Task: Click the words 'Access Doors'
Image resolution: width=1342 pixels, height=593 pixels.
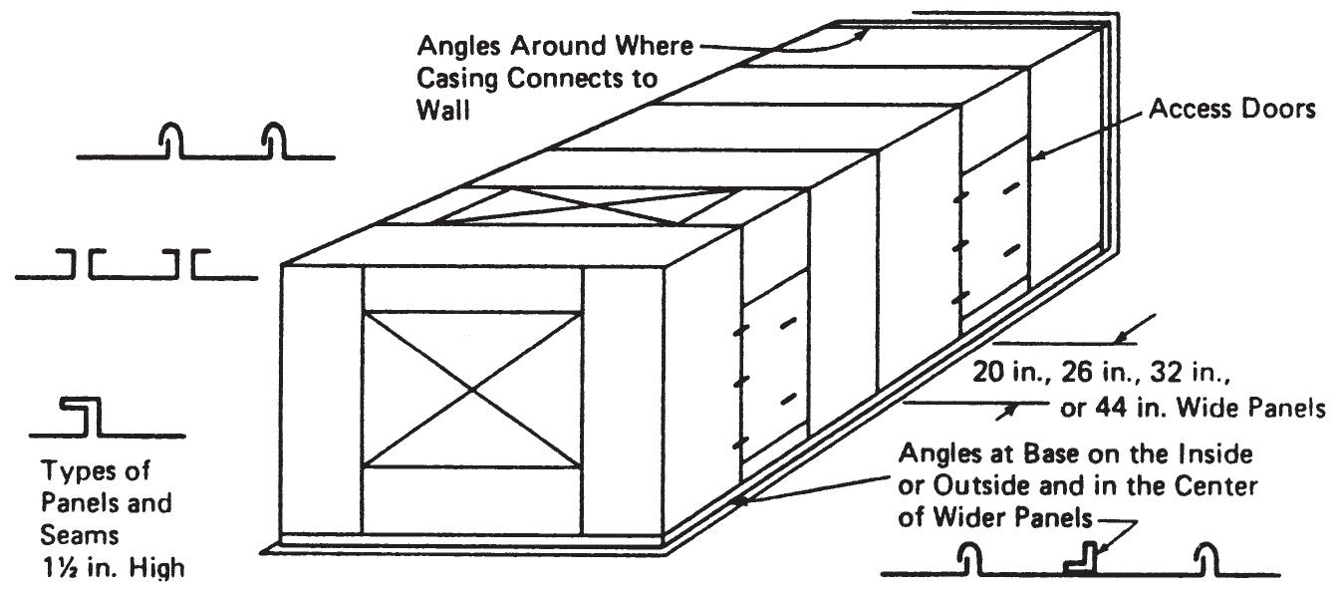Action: [1231, 109]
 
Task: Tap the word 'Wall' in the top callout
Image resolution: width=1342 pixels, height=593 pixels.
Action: [443, 110]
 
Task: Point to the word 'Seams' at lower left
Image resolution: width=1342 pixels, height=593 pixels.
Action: [79, 535]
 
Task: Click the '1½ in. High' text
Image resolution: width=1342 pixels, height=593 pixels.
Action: [114, 567]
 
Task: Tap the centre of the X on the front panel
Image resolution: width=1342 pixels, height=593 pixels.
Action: [472, 389]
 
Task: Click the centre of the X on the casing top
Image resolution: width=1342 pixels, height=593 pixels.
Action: [586, 205]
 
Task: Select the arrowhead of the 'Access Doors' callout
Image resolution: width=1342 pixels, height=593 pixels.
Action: [1038, 155]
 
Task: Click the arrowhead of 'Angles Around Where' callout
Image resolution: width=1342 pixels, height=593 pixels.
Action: [861, 34]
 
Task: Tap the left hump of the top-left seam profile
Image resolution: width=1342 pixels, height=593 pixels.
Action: [171, 141]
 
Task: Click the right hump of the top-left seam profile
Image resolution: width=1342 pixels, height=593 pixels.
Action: [274, 141]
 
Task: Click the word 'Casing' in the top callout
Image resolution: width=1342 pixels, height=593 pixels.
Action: [456, 79]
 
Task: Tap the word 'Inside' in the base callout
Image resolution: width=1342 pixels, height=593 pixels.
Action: [1214, 453]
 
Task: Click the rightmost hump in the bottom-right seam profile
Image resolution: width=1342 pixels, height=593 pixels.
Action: [1207, 559]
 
